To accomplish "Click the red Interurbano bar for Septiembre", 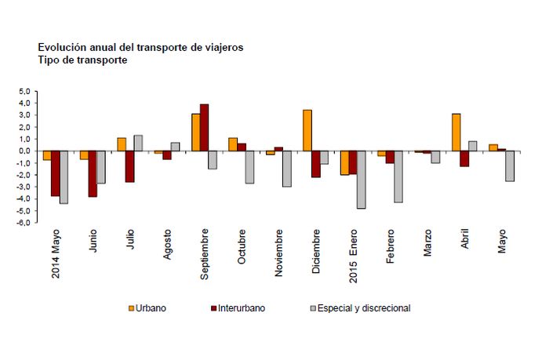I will (204, 127).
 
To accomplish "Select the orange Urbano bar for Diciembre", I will (307, 130).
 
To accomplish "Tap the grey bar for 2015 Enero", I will (361, 180).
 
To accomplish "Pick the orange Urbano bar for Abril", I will (456, 132).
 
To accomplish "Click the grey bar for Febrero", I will (398, 176).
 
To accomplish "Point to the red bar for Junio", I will (93, 173).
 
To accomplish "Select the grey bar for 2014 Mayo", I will (64, 177).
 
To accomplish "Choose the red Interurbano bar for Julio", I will (130, 166).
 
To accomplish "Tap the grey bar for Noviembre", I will (287, 169).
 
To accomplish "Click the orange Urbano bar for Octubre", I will (233, 144).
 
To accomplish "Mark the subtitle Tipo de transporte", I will (77, 60).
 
